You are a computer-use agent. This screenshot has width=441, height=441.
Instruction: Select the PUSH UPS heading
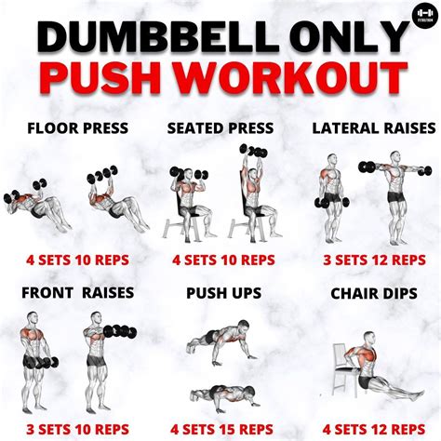(x=220, y=292)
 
